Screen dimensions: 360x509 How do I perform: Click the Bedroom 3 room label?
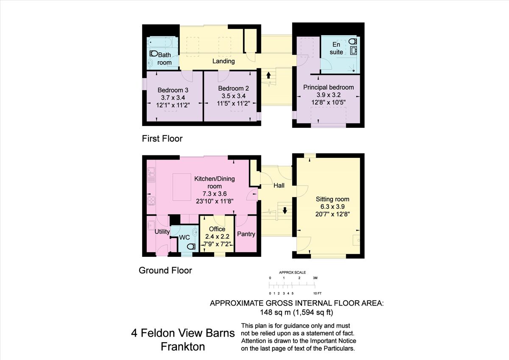pos(173,90)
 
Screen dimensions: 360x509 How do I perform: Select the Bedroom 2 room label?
pos(233,88)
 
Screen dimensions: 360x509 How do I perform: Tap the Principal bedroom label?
pos(328,87)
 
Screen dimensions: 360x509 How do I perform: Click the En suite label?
pos(337,48)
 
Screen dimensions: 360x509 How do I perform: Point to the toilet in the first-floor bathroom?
pos(154,54)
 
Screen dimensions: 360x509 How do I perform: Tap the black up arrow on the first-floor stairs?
pos(268,75)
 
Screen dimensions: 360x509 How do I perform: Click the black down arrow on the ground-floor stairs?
pos(285,210)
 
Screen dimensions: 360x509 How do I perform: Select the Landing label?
pos(224,61)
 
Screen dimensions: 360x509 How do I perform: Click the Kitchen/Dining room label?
pos(214,183)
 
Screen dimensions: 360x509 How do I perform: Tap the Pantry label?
pos(246,234)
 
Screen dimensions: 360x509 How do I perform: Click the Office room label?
pos(217,229)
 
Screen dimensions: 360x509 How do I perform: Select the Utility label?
pos(162,232)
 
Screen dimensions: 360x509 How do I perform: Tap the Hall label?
pos(279,186)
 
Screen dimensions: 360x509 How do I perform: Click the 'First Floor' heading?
pos(162,138)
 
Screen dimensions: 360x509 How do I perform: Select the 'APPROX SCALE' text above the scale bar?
pos(292,273)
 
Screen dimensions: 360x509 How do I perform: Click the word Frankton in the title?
pos(183,346)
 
